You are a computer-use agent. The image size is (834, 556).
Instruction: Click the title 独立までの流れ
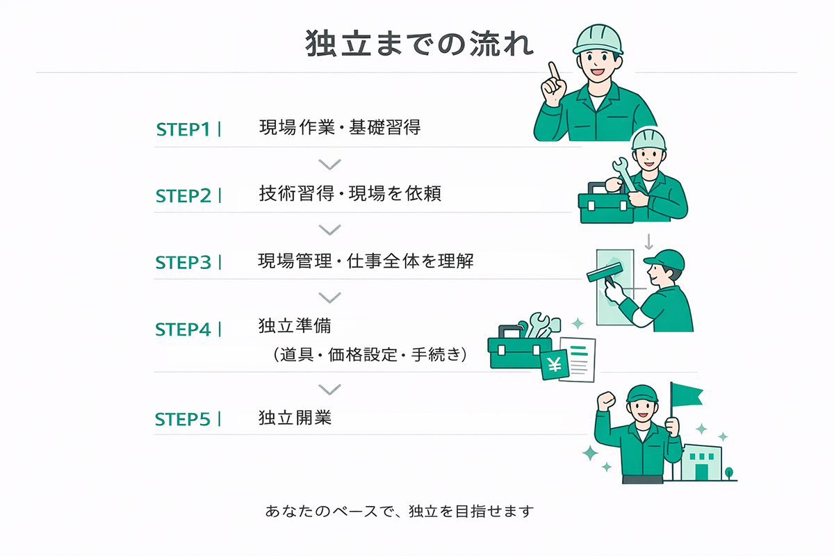(x=420, y=44)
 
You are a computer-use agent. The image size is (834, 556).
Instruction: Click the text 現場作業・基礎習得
(x=340, y=128)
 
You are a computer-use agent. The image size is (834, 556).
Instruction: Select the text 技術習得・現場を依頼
(x=350, y=194)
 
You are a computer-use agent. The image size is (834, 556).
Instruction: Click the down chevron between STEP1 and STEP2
(x=329, y=164)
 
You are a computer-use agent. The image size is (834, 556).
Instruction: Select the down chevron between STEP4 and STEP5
(x=329, y=389)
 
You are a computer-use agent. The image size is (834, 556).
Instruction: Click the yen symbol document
(x=555, y=365)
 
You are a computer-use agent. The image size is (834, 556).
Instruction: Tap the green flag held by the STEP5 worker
(x=687, y=395)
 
